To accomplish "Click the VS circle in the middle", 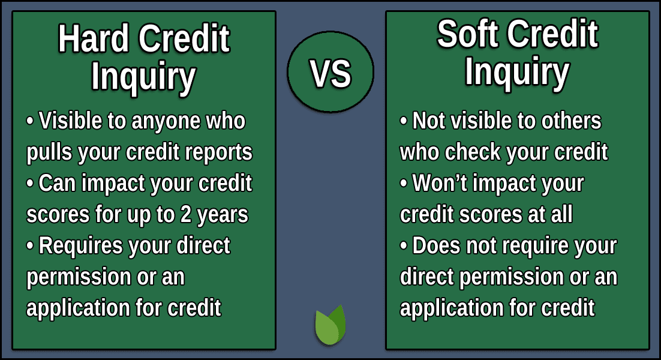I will click(330, 73).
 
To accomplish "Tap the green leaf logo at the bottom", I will click(330, 325).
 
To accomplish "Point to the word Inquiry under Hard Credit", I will click(143, 76).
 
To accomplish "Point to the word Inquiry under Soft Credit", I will click(516, 72).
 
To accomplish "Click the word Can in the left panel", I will click(57, 184).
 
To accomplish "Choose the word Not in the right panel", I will click(428, 121).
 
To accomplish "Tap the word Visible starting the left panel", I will click(71, 121).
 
